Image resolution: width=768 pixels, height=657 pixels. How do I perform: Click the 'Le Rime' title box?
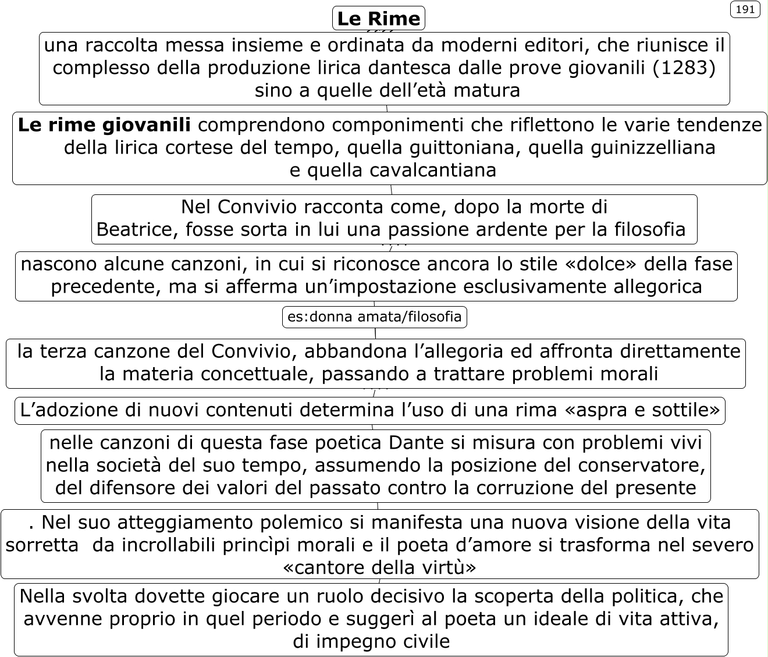378,18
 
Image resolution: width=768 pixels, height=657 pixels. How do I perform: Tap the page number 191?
745,9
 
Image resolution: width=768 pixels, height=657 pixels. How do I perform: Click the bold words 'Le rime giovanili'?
104,125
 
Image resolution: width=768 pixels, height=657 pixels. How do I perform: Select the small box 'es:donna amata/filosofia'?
374,317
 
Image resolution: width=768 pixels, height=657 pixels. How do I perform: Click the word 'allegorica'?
657,286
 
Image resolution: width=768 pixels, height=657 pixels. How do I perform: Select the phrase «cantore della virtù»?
379,567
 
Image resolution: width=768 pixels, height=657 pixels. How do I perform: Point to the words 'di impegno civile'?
371,641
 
